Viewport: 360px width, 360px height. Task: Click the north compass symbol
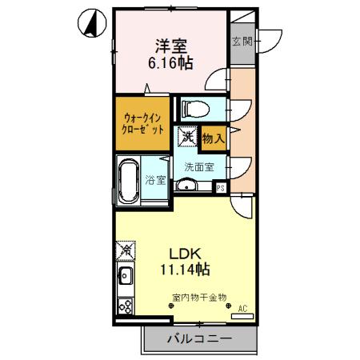click(x=92, y=23)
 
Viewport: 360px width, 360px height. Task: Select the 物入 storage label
click(x=212, y=139)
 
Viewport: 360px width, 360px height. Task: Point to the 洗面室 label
click(x=198, y=167)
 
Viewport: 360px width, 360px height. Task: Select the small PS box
click(x=221, y=188)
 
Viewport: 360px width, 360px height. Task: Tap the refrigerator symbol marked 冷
click(x=125, y=250)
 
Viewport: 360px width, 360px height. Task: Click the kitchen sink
click(x=125, y=280)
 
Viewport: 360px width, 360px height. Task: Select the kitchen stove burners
click(x=125, y=306)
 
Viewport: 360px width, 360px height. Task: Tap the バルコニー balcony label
click(x=199, y=339)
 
